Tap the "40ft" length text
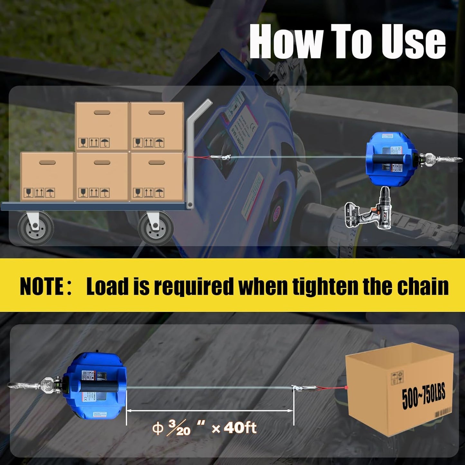click(240, 428)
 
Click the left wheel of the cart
click(35, 228)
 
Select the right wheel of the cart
click(156, 228)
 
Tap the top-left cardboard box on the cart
click(102, 126)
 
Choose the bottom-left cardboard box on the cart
click(47, 177)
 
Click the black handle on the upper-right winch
click(391, 158)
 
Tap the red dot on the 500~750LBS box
click(346, 387)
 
